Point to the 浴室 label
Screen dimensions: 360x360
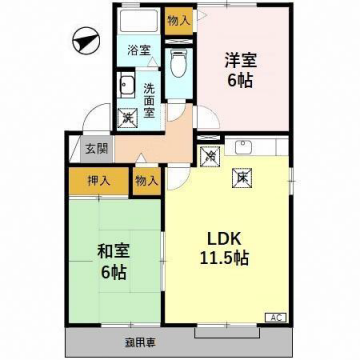[x=137, y=49]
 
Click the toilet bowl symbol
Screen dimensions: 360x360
[x=177, y=66]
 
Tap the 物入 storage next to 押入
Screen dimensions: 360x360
[x=145, y=181]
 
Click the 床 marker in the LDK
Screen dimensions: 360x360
[x=241, y=177]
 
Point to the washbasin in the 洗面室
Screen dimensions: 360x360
[x=128, y=85]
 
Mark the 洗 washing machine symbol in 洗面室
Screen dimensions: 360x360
[x=127, y=118]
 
